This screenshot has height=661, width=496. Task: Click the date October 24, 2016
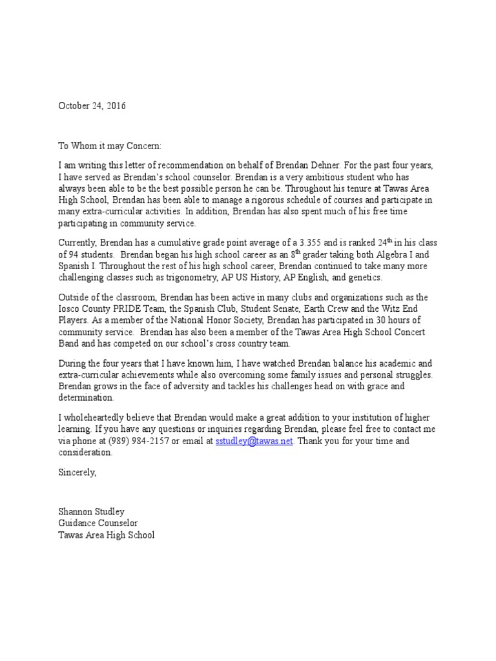pos(92,106)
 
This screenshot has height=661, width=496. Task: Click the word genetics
pos(364,277)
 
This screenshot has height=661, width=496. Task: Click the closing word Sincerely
pos(77,472)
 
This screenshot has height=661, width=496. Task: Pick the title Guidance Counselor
pos(98,524)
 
